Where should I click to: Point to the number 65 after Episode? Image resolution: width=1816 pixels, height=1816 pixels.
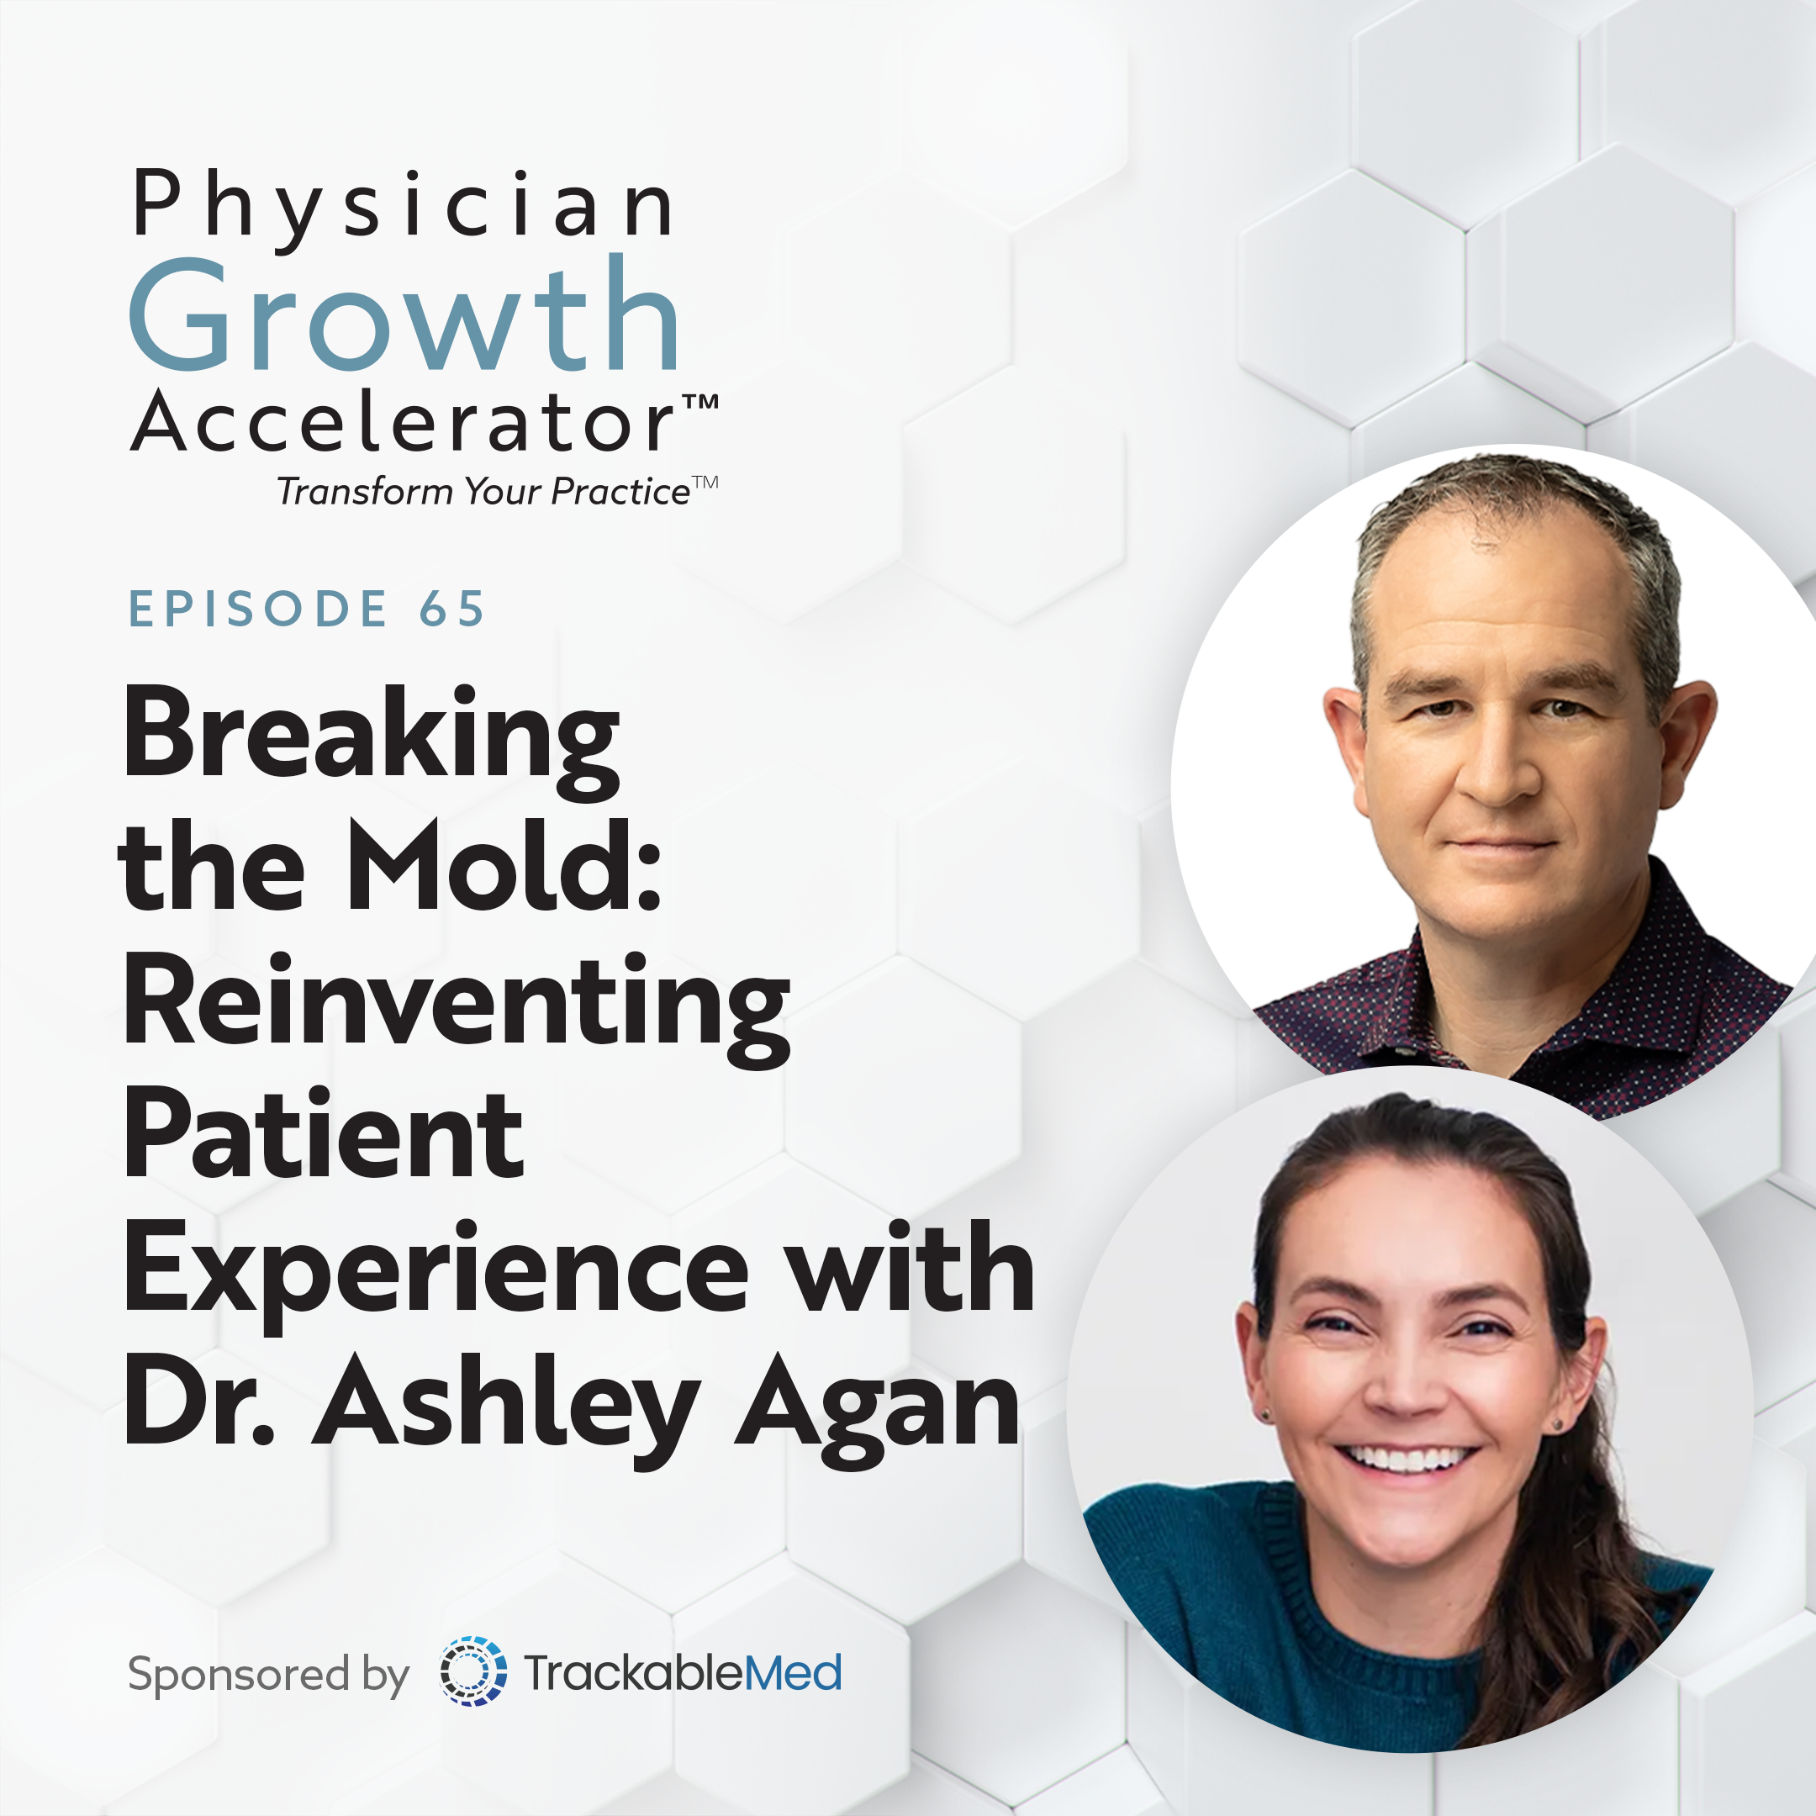coord(452,608)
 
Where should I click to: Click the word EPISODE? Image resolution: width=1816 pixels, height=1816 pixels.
coord(257,608)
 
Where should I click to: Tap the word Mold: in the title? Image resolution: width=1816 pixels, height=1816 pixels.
coord(505,865)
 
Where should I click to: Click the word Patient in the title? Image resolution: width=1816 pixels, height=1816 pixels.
coord(325,1132)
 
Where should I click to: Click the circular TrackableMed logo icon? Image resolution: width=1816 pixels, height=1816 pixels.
coord(472,1671)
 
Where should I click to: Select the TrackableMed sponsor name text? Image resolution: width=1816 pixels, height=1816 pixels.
coord(683,1673)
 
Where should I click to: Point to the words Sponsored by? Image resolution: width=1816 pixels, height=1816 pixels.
coord(269,1675)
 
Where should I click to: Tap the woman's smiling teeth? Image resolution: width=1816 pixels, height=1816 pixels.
coord(1407,1459)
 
